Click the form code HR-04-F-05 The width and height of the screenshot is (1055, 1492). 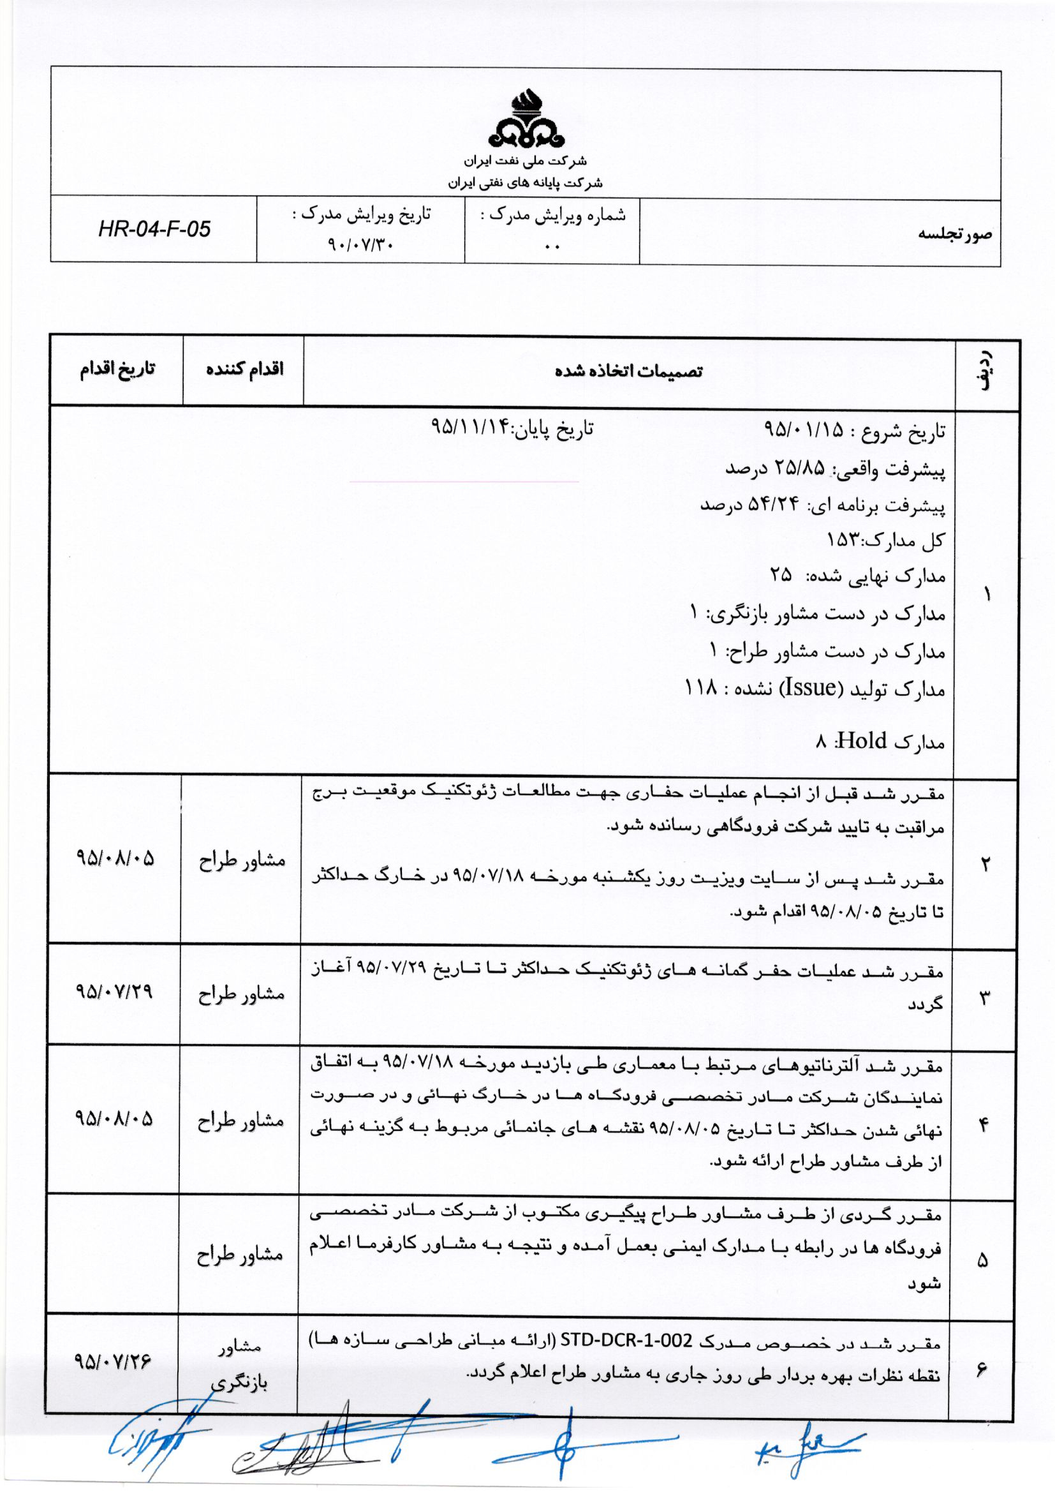coord(154,228)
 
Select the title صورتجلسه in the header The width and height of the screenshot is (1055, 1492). coord(954,234)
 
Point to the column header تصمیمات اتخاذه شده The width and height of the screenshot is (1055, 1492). coord(628,371)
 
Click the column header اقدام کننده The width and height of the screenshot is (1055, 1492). coord(244,369)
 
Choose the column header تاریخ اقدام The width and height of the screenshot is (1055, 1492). coord(117,369)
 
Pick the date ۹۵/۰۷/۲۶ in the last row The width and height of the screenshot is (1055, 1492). coord(113,1360)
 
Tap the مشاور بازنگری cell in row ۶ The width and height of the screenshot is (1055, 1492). coord(240,1364)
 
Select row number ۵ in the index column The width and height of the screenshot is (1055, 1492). coord(982,1260)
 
